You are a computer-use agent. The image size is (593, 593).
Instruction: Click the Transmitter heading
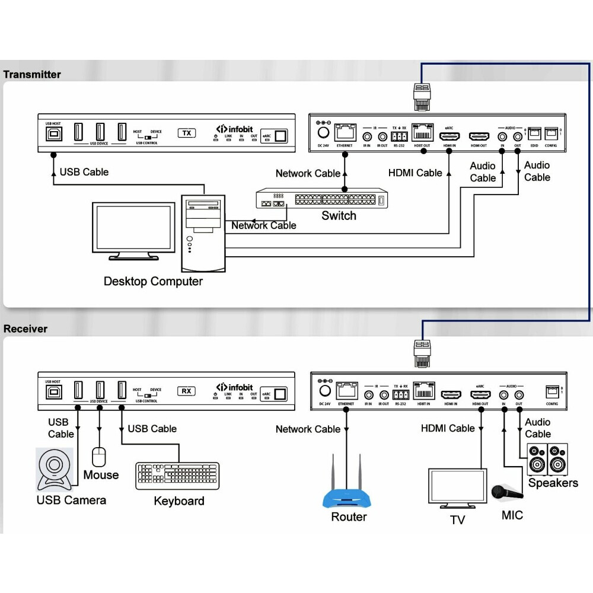point(32,75)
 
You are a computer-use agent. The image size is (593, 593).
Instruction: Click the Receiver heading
point(25,329)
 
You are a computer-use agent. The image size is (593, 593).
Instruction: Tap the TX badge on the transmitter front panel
point(187,133)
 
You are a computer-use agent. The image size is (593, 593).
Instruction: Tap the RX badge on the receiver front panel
point(187,391)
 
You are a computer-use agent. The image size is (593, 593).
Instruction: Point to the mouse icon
point(99,456)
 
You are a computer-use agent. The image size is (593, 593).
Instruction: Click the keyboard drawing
point(177,476)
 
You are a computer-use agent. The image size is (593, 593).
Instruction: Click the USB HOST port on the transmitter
point(53,133)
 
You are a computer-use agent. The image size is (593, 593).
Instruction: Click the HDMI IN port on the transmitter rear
point(448,136)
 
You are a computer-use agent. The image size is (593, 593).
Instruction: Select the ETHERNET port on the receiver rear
point(346,390)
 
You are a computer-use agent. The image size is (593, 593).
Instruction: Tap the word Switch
point(339,216)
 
